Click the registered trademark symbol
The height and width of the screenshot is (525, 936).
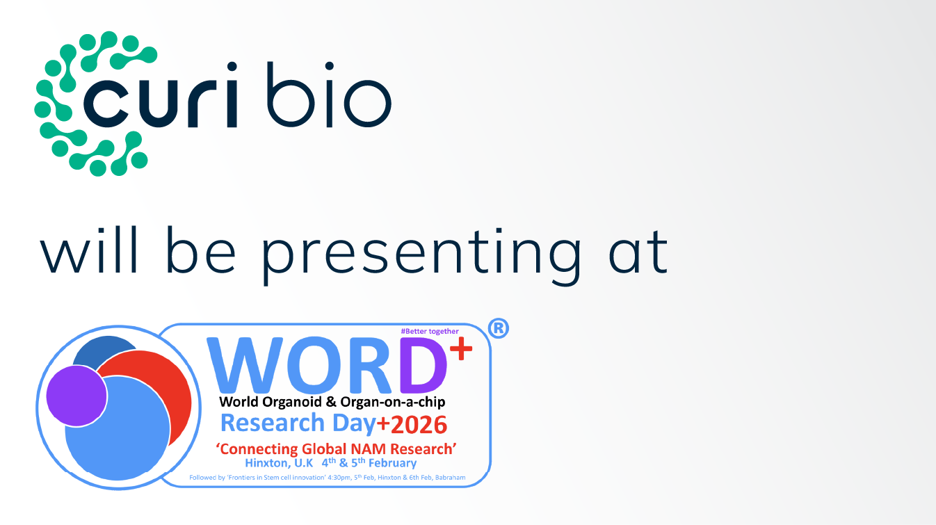498,329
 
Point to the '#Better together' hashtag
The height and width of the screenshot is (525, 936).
430,331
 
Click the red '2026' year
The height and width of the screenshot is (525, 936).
417,424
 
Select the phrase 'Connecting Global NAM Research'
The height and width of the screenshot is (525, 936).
337,449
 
